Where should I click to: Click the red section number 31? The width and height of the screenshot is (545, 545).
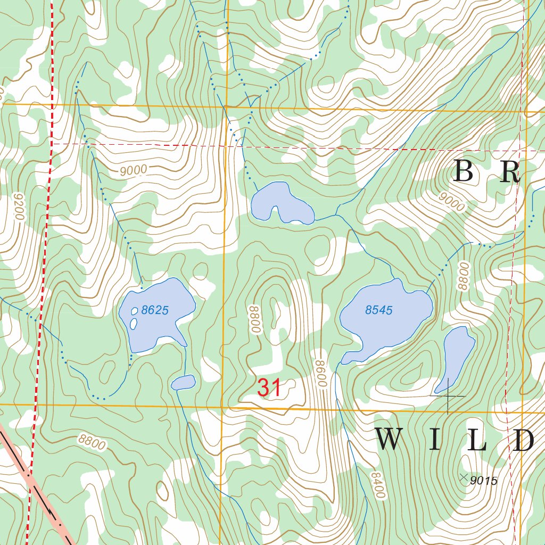[x=269, y=387]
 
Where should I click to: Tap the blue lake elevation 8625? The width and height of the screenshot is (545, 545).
[x=155, y=310]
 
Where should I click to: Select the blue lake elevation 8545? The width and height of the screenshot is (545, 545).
[x=379, y=310]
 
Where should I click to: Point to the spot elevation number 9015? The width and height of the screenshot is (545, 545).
[x=484, y=481]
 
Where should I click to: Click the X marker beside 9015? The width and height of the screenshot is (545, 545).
[x=463, y=476]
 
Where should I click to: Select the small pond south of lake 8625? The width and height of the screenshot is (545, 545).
[x=183, y=382]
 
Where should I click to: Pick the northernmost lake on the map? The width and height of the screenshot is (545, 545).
[x=281, y=204]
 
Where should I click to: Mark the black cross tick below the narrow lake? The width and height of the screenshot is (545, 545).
[x=448, y=396]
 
